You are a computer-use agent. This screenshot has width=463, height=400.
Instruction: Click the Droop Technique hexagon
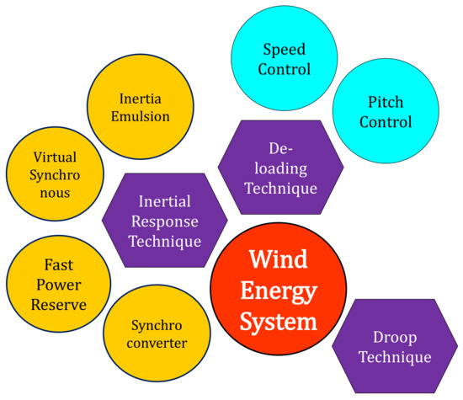pyautogui.click(x=395, y=346)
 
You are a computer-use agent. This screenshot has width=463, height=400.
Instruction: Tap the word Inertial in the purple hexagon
pyautogui.click(x=165, y=201)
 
